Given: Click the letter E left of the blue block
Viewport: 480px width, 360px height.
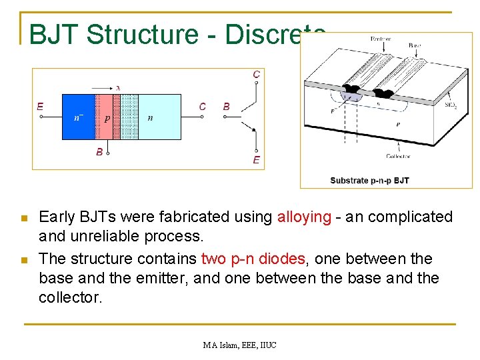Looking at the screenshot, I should click(40, 106).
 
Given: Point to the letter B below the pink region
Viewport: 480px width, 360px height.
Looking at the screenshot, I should click(99, 152).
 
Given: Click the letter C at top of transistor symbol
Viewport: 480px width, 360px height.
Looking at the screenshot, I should click(256, 75).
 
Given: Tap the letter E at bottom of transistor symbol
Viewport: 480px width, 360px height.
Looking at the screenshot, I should click(256, 160).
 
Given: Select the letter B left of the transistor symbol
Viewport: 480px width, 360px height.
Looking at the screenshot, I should click(227, 106).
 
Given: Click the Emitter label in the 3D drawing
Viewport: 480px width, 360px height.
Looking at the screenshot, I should click(380, 39).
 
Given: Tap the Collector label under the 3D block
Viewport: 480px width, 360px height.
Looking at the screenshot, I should click(398, 157).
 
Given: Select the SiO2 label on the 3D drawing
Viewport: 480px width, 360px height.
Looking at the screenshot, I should click(451, 105).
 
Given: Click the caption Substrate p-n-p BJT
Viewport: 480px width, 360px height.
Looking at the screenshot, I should click(369, 181).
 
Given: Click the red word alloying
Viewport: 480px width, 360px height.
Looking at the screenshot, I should click(304, 217).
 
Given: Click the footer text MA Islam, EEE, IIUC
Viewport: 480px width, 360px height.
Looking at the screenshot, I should click(240, 345).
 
